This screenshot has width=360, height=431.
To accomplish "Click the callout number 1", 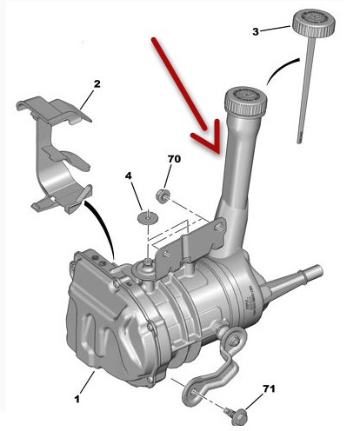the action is pos(77,399).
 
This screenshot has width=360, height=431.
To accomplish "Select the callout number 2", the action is pos(97,84).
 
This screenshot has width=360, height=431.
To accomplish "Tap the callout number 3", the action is pos(256,31).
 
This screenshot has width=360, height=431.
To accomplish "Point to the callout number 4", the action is pos(129,176).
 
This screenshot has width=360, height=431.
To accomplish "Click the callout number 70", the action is pos(174,159).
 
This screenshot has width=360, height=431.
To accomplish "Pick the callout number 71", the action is pos(269,388).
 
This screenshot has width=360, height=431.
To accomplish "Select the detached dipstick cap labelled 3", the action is pos(314,23).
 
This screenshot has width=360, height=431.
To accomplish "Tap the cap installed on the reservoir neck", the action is pos(246,102).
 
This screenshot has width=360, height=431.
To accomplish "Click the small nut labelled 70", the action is pos(163,196).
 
